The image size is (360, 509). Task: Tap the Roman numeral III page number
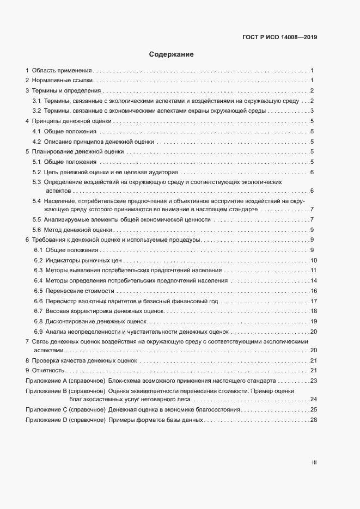point(314,463)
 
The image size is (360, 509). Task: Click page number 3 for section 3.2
point(311,111)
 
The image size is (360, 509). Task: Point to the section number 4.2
point(37,142)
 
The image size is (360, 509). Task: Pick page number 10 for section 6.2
point(313,260)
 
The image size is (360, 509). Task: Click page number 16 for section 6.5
point(313,291)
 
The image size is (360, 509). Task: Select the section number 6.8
point(38,322)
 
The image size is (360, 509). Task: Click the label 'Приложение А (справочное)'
point(65,381)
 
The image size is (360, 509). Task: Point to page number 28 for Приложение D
point(313,420)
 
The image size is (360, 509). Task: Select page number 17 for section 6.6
point(313,301)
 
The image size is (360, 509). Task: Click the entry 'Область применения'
point(62,70)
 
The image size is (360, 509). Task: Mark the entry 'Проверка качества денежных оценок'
point(84,361)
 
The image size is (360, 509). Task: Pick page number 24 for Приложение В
point(313,399)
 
